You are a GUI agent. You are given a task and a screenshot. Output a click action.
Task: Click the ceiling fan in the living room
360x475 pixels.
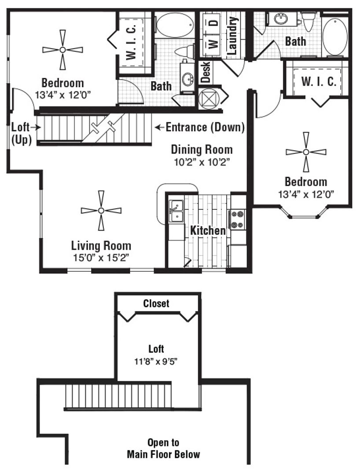[x=101, y=211]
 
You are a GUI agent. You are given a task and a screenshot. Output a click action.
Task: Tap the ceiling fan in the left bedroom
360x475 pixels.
[x=62, y=50]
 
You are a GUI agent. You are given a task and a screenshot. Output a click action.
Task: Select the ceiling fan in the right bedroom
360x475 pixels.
[x=306, y=152]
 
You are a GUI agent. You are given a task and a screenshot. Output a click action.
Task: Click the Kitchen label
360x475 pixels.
[x=208, y=230]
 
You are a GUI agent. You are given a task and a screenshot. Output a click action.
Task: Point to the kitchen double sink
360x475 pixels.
[x=176, y=211]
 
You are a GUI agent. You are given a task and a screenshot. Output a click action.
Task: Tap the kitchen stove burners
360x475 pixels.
[x=238, y=219]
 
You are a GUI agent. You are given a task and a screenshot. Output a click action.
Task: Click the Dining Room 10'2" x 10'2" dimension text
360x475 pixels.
[x=202, y=161]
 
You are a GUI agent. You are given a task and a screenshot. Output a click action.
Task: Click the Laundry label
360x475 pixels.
[x=232, y=35]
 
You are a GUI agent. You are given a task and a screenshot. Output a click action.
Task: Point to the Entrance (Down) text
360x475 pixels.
[x=205, y=128]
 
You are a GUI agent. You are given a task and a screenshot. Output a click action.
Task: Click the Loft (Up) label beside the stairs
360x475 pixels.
[x=20, y=134]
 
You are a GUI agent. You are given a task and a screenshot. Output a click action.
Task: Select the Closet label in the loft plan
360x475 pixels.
[x=156, y=303]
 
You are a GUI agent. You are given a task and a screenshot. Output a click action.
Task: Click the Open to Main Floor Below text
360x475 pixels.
[x=163, y=448]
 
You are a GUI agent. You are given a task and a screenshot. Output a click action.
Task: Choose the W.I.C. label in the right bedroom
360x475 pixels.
[x=319, y=81]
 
